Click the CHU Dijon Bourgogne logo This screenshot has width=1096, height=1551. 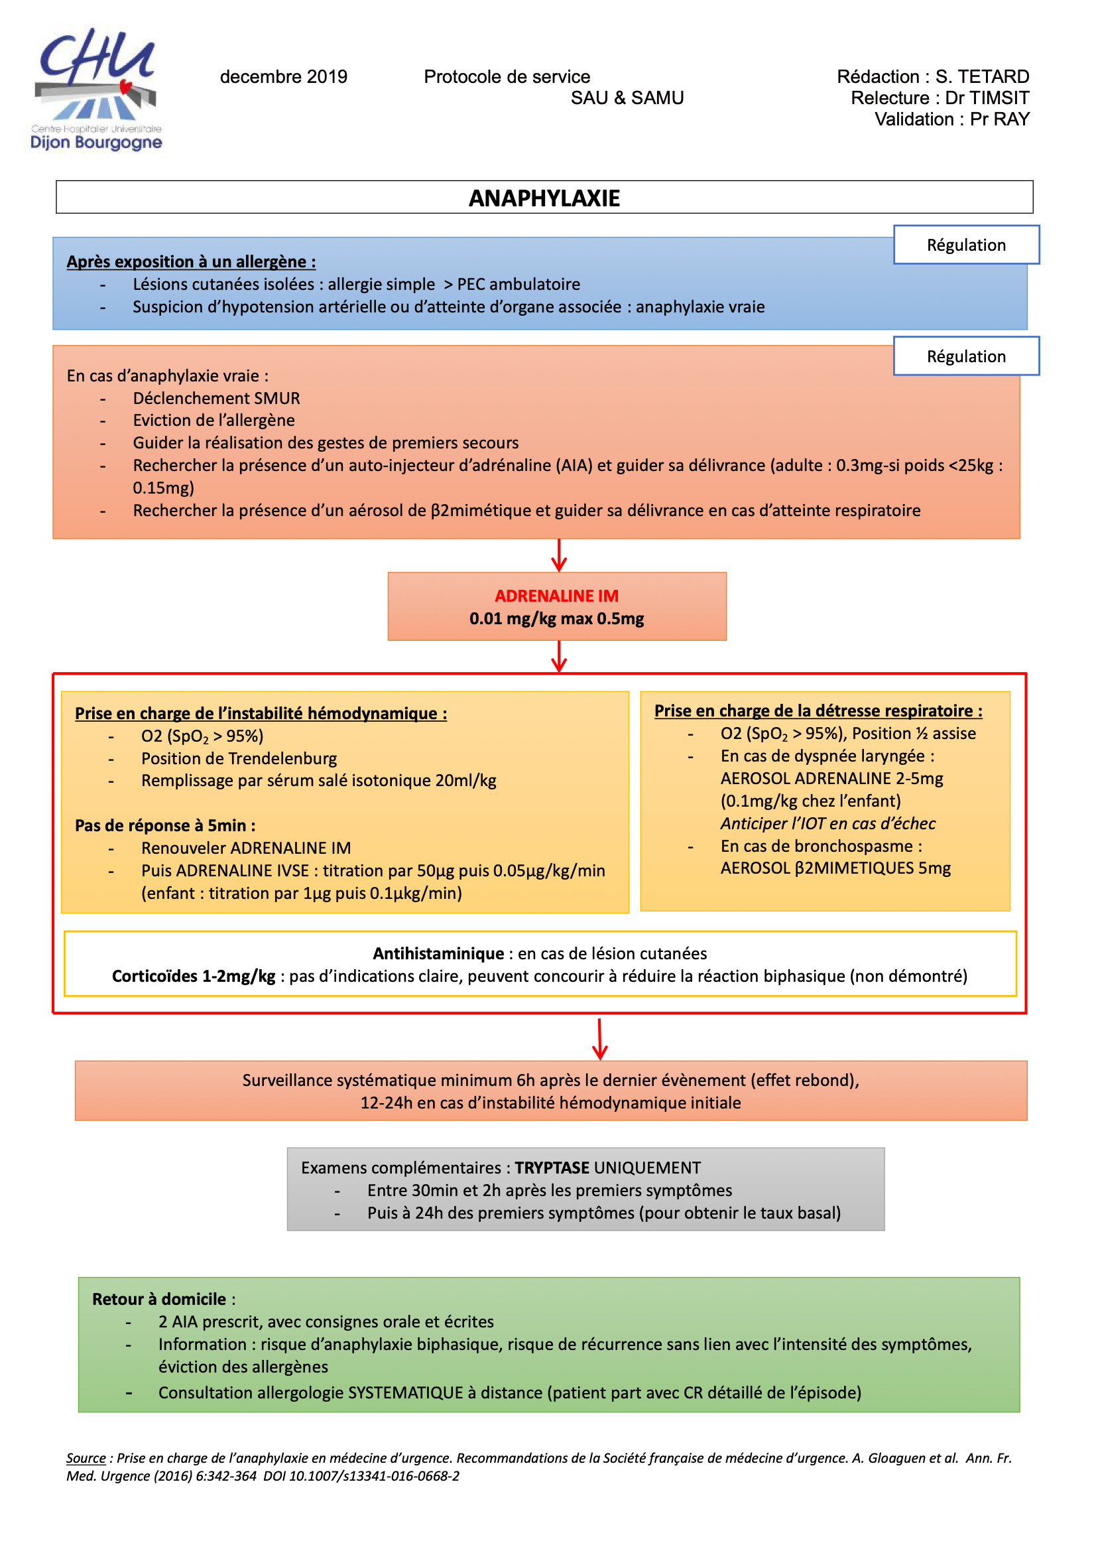(97, 88)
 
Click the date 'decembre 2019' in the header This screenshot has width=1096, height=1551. (284, 77)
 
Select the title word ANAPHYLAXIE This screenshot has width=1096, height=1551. (544, 198)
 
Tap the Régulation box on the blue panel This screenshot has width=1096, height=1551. (965, 245)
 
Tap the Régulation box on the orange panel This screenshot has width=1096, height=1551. (965, 357)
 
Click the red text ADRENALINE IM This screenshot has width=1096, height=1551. (556, 596)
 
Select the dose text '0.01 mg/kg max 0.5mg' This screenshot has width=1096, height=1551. (556, 619)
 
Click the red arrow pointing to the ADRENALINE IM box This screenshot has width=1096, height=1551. (559, 555)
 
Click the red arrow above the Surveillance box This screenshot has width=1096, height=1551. (599, 1039)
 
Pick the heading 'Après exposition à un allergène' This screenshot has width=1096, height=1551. (190, 262)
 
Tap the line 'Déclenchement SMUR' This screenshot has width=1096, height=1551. (216, 399)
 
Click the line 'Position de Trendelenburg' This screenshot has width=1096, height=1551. (239, 759)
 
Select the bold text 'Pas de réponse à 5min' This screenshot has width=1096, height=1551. (165, 825)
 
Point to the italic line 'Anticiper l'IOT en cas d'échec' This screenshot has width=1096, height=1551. (828, 823)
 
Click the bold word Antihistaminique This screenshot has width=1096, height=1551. (438, 953)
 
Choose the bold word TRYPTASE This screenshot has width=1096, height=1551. (552, 1168)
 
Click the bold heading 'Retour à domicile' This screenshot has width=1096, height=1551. (159, 1299)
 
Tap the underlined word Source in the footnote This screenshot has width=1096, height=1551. (86, 1457)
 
